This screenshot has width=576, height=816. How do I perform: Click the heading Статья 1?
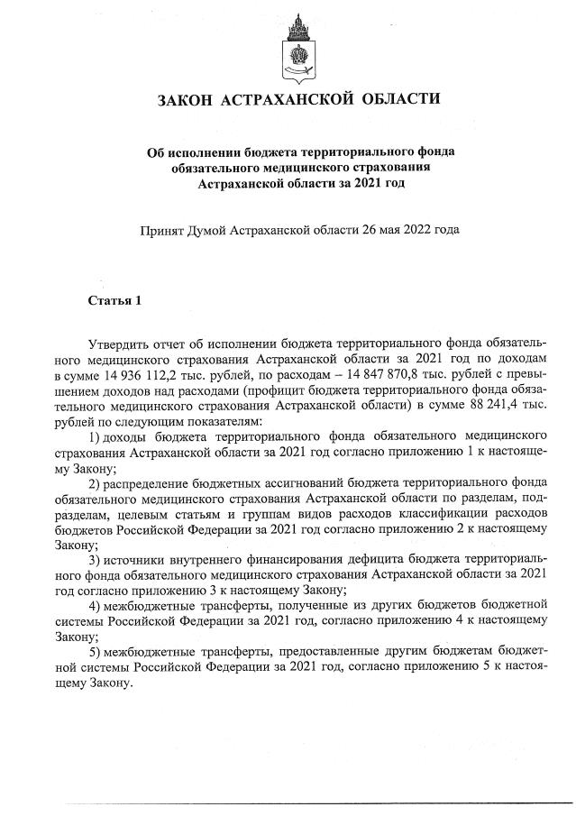point(114,300)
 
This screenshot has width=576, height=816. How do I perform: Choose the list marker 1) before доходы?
point(96,436)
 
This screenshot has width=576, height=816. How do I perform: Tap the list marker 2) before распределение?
point(96,482)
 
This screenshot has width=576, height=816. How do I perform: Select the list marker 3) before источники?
point(96,560)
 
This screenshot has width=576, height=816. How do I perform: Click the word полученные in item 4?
point(270,606)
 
